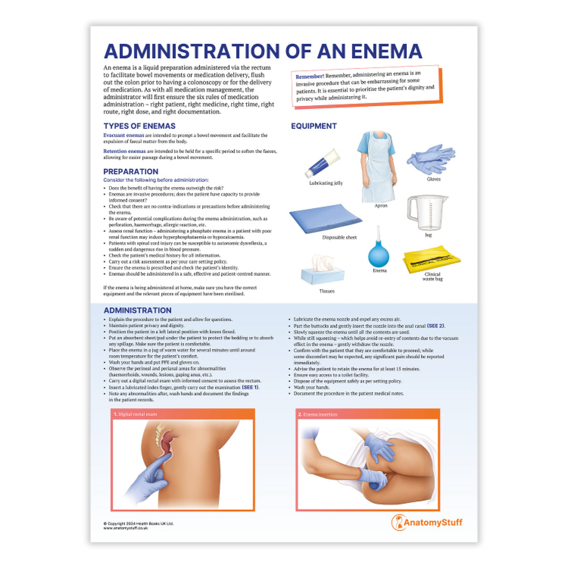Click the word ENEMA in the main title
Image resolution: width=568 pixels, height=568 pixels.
coord(380,51)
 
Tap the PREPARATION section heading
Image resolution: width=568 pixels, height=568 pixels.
coord(131,172)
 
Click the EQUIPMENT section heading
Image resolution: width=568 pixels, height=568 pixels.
coord(314,126)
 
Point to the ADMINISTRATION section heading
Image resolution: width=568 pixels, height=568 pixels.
coord(137,310)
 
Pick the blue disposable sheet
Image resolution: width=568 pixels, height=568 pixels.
coord(325,217)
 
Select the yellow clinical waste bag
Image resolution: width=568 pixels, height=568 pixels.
coord(431,259)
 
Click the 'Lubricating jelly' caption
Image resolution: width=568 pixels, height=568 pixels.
coord(326,183)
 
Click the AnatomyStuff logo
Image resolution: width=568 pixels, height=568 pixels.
coord(426,522)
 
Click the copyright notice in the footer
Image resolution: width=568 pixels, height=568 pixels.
coord(138,523)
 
